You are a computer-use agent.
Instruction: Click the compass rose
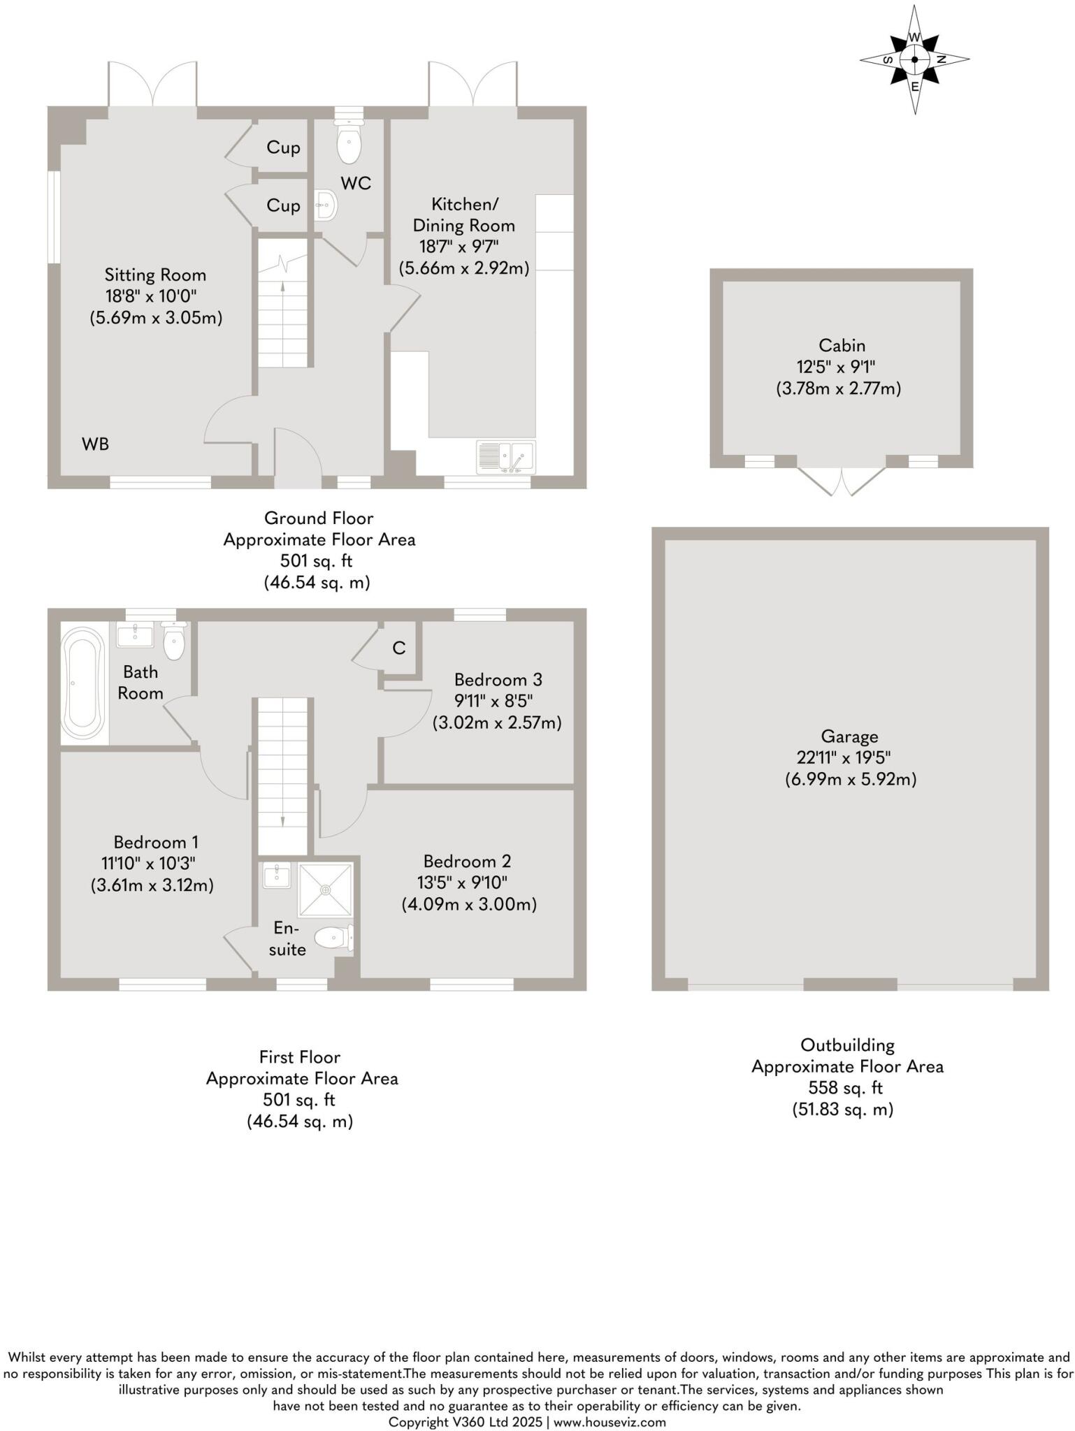point(914,59)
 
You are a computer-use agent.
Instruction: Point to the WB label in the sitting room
point(96,444)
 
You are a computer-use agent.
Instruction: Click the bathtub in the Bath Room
point(83,683)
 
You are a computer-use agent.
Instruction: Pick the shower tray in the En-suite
point(326,889)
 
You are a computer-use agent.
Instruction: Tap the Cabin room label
point(842,345)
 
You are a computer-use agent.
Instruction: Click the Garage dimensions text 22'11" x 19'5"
point(843,757)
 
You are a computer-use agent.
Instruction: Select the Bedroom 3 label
point(498,679)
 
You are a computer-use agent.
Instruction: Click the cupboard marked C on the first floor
point(399,648)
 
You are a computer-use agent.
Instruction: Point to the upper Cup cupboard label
point(283,147)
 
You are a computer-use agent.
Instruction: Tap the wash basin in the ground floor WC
point(326,205)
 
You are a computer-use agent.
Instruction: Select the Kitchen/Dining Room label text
point(464,215)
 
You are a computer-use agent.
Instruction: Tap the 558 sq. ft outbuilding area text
point(846,1088)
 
